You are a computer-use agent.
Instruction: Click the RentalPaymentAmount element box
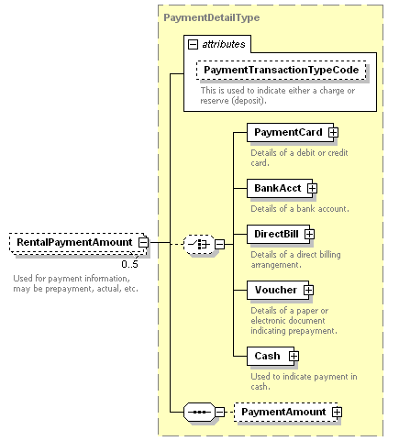tap(77, 243)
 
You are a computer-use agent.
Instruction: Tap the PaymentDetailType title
tap(212, 17)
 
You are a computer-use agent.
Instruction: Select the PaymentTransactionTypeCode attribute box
tap(281, 70)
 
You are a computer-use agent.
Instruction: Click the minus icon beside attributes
tap(193, 45)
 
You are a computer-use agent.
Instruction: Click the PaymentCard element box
tap(290, 132)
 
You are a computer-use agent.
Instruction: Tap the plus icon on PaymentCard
tap(333, 132)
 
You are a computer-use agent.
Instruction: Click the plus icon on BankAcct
tap(312, 188)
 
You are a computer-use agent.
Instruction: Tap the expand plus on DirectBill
tap(309, 234)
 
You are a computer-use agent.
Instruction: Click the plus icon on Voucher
tap(308, 290)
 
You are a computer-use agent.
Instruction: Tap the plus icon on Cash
tap(294, 356)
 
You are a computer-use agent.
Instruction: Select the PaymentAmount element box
tap(286, 412)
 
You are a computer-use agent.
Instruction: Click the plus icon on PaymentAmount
tap(338, 412)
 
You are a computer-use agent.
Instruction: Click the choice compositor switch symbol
tap(199, 244)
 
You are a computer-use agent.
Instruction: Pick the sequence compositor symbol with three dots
tap(199, 412)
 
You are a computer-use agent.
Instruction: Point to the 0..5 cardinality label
tap(129, 264)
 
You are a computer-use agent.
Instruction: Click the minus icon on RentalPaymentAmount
tap(143, 243)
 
